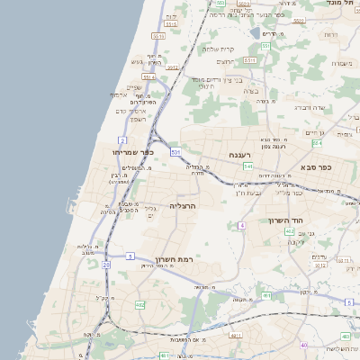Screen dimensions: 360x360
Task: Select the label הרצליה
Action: click(183, 206)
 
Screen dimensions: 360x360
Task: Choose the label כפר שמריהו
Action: click(133, 152)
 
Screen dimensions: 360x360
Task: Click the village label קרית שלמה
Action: click(220, 49)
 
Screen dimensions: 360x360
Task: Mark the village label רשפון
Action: click(137, 119)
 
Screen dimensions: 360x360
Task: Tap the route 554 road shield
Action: click(317, 143)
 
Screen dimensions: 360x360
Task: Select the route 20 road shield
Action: click(106, 265)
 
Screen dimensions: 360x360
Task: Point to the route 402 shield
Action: click(290, 231)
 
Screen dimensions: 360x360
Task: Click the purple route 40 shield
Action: click(304, 345)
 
